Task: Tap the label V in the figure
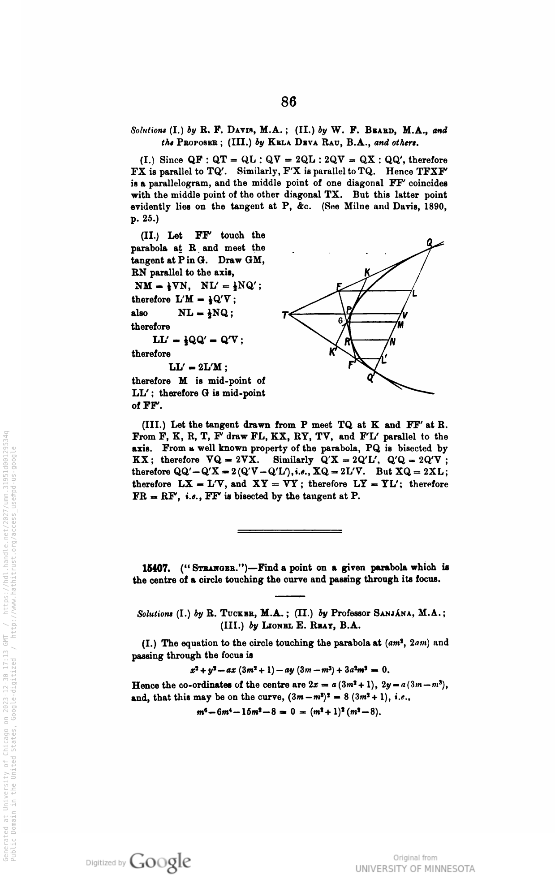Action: coord(405,315)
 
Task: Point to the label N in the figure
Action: coord(392,343)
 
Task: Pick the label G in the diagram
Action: coord(340,321)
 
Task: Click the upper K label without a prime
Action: coord(367,272)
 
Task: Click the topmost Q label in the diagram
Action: coord(430,242)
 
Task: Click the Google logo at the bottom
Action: coord(160,862)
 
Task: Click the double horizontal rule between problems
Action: coord(289,531)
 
